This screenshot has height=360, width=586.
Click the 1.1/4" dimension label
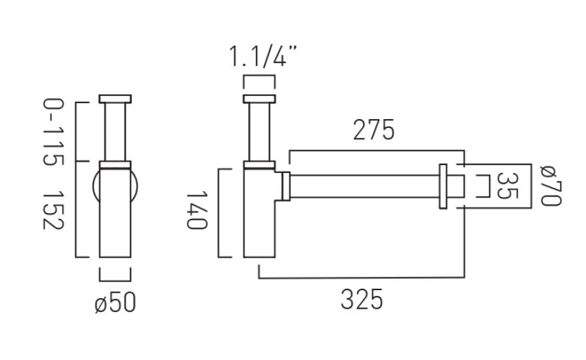[262, 57]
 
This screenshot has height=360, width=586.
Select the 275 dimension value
[374, 130]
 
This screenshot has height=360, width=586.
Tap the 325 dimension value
[362, 299]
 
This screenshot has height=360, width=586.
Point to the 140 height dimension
[196, 210]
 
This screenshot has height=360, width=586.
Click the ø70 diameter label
[551, 186]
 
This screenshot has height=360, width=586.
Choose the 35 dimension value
[507, 186]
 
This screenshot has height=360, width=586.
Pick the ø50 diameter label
[115, 302]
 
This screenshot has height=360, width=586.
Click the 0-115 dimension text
[53, 132]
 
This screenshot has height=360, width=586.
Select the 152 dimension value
[53, 210]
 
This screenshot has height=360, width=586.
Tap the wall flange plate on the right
[443, 186]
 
